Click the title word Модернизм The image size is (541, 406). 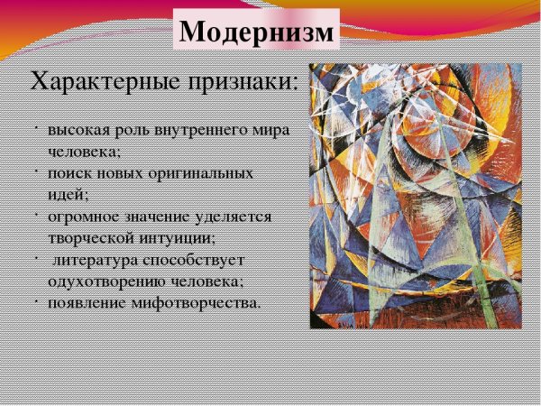[256, 31]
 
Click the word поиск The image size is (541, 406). [69, 172]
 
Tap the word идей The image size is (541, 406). [68, 194]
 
